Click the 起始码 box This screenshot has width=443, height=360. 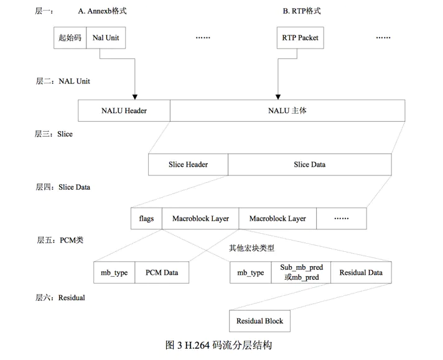click(70, 38)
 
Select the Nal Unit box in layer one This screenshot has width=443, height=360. click(105, 38)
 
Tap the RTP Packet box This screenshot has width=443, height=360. click(301, 38)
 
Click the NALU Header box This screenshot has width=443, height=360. click(124, 111)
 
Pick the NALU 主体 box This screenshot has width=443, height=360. click(287, 111)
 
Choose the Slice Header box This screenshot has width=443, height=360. click(188, 165)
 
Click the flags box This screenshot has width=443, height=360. click(146, 219)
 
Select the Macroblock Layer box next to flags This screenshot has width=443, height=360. click(200, 219)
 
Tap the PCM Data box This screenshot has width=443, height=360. click(162, 272)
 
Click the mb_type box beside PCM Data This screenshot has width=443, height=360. click(114, 272)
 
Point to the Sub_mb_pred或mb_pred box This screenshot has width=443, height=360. click(301, 272)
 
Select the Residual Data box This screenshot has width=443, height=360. click(361, 272)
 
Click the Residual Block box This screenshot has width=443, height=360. click(259, 321)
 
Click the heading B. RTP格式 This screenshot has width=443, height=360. click(302, 11)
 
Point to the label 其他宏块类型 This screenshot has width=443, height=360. click(251, 247)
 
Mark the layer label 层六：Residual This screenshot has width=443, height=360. click(60, 298)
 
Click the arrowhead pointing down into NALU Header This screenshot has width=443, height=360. click(135, 96)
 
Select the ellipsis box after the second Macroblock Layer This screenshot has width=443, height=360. click(341, 219)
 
